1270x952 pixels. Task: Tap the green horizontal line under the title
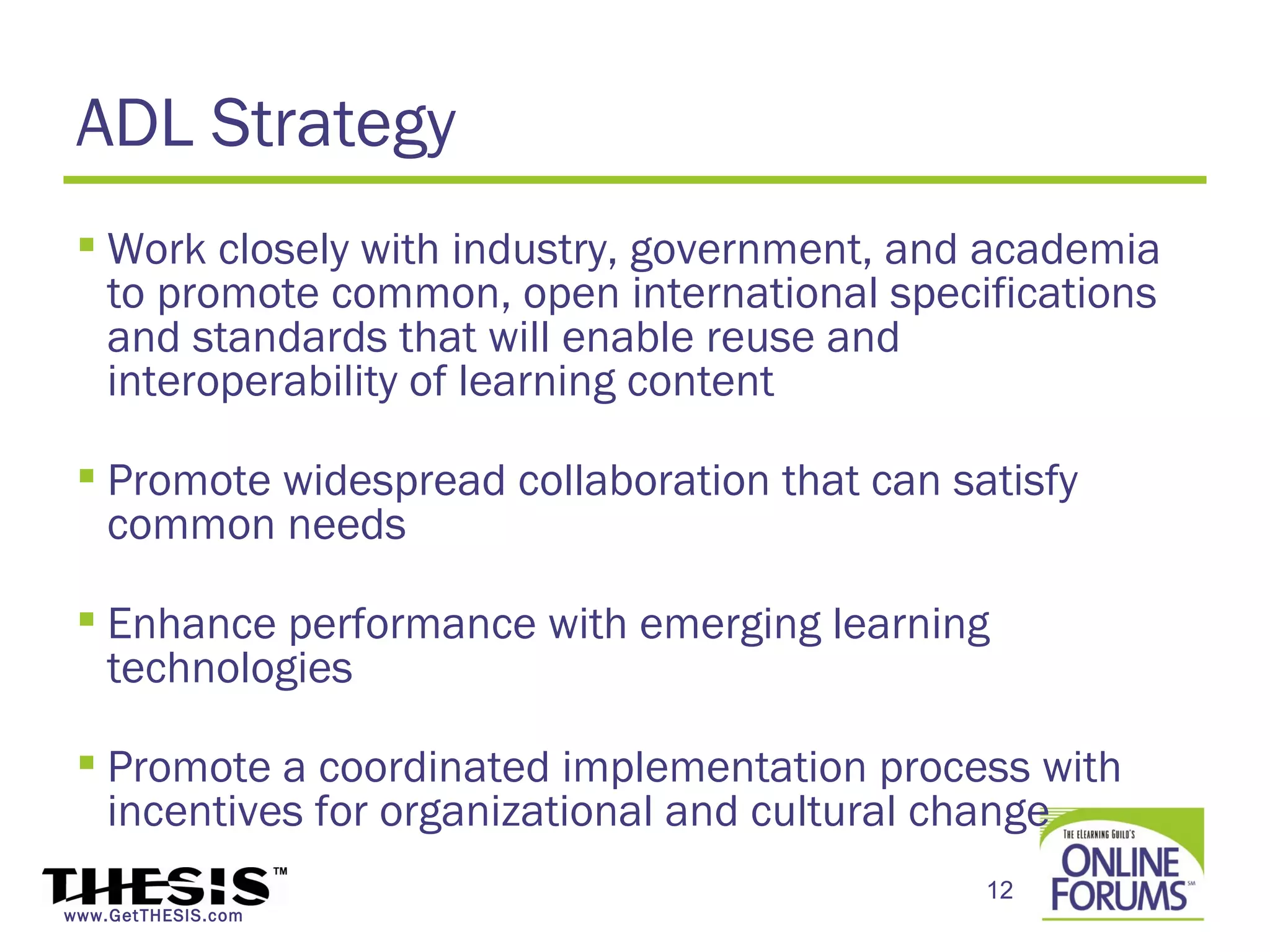click(634, 180)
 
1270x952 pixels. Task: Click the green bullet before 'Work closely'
click(87, 244)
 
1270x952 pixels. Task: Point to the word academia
click(1064, 250)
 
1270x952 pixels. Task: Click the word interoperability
click(252, 382)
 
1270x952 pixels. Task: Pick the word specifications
click(1023, 294)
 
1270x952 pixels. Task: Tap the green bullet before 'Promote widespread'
click(87, 475)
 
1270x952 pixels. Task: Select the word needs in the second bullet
click(347, 526)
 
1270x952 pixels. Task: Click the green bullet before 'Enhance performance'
click(87, 619)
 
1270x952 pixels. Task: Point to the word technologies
click(229, 669)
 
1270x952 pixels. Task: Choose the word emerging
click(729, 625)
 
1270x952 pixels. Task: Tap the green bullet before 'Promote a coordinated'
click(87, 762)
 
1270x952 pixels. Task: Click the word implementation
click(714, 769)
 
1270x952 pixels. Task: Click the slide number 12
click(1000, 891)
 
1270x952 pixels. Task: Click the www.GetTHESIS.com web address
click(153, 916)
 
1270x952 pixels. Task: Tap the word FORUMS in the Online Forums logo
click(1118, 895)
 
